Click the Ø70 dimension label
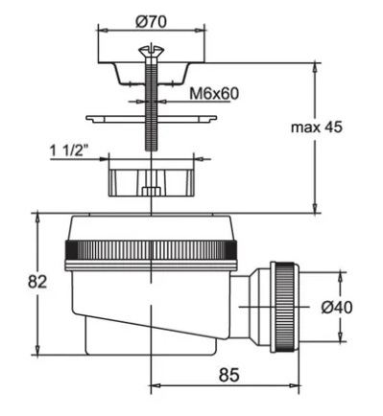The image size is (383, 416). click(151, 22)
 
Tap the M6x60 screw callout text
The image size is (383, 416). click(214, 94)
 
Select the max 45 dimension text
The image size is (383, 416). click(317, 127)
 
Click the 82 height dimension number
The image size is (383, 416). click(37, 282)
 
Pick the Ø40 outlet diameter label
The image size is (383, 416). click(337, 308)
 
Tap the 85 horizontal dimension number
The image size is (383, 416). click(229, 375)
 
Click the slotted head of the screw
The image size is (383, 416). click(151, 51)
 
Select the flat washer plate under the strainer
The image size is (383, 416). click(151, 119)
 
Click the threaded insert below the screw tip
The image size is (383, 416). click(151, 182)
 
